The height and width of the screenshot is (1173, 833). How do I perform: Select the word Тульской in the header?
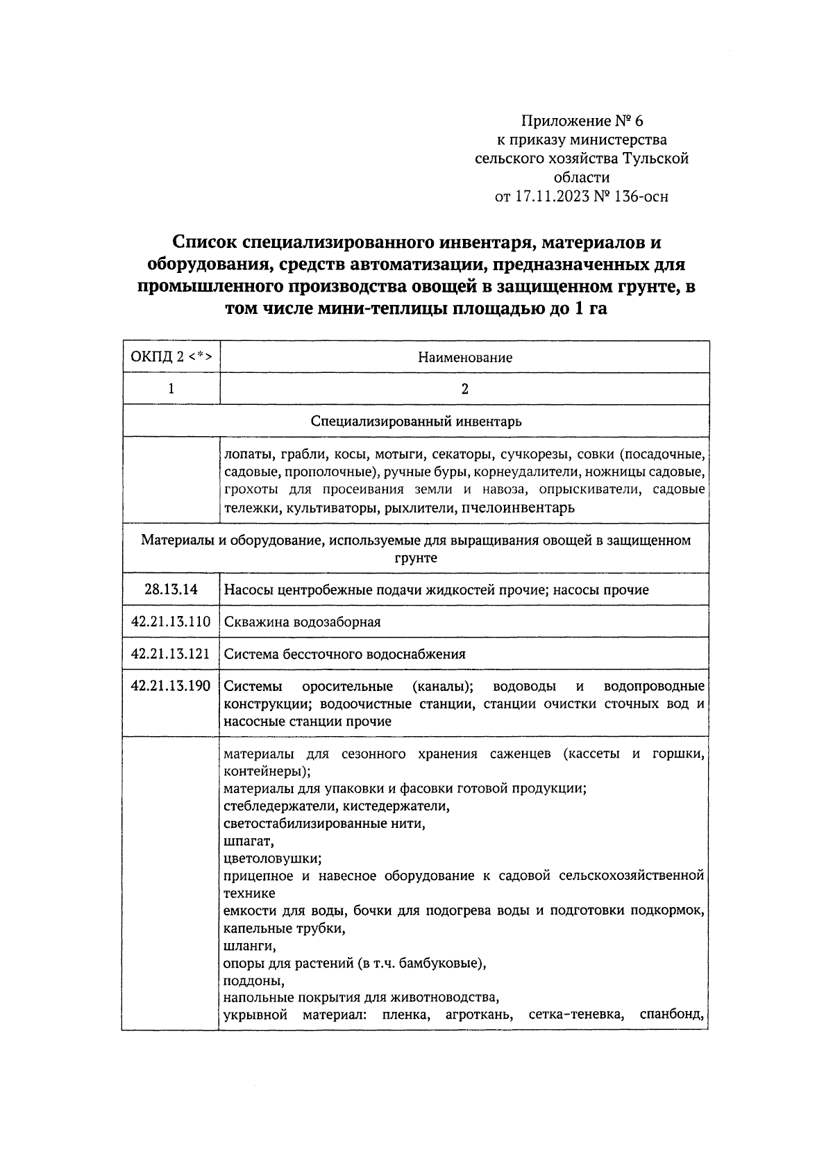(655, 159)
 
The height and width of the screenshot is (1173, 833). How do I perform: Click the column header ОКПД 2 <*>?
(171, 358)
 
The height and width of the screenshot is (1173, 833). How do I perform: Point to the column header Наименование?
(464, 358)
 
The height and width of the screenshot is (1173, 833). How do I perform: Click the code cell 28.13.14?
(171, 590)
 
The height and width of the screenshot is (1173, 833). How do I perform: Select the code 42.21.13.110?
(171, 622)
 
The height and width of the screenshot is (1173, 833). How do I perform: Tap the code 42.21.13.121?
(171, 654)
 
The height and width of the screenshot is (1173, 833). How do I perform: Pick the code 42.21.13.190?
(171, 686)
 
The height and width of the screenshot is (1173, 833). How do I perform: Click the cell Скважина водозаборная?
(302, 622)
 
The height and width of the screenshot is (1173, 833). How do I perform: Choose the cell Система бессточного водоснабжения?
(344, 654)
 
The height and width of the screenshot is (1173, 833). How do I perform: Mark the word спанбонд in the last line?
(670, 1015)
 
